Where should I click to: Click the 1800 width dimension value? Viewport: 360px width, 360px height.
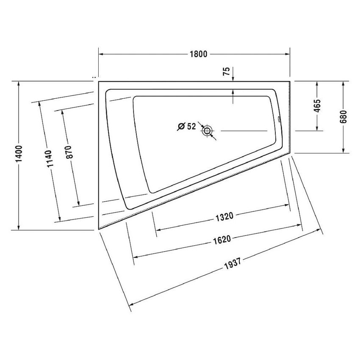197,54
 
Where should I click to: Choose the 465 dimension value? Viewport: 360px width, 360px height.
318,106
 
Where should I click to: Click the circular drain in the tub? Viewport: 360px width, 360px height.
207,131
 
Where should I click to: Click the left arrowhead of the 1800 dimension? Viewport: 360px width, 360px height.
101,54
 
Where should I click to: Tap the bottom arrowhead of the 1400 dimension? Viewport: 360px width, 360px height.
19,227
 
